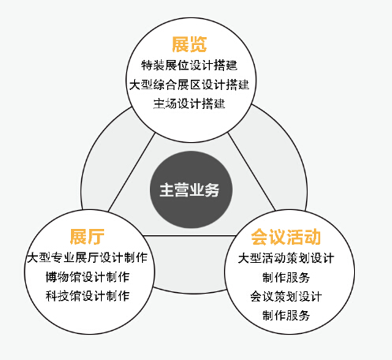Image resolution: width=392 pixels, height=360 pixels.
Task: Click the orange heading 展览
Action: [189, 44]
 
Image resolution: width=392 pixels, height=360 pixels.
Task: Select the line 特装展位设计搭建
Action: [189, 66]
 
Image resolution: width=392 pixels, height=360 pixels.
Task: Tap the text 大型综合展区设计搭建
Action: [189, 84]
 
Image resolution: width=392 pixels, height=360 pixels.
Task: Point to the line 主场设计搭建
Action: [189, 103]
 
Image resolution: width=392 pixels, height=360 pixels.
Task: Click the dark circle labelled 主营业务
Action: [191, 189]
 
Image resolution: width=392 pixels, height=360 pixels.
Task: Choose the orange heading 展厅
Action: [87, 237]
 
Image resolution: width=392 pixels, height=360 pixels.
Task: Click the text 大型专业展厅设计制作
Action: [88, 257]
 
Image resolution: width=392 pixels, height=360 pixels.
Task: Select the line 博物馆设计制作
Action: [88, 277]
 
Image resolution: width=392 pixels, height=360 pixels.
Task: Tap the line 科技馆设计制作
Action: [88, 296]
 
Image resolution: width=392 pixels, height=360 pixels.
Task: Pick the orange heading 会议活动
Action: [286, 237]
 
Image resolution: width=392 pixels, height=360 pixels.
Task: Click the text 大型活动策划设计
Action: [286, 258]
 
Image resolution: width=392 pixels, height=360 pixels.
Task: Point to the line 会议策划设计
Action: [286, 296]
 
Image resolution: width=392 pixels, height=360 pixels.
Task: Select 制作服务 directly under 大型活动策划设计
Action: [286, 277]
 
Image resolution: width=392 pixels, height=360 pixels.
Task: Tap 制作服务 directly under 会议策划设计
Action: [286, 315]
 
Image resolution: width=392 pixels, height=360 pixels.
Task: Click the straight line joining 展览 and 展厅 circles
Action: [131, 173]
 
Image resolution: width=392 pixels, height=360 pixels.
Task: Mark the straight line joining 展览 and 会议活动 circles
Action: [252, 172]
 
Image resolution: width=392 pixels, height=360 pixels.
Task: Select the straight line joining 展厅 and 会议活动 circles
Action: [190, 235]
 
